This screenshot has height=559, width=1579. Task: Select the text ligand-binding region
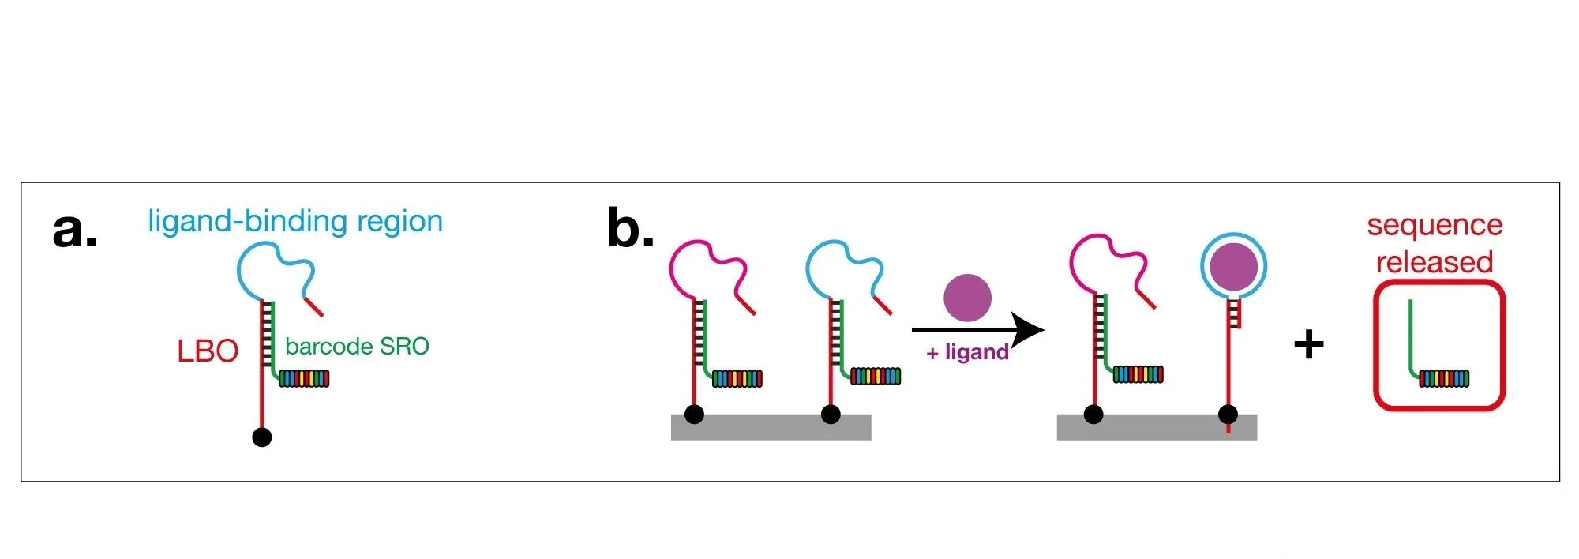[295, 221]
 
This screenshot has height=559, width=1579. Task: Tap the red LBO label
[208, 351]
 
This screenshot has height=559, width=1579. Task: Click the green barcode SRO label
[357, 346]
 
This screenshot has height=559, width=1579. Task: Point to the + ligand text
[967, 352]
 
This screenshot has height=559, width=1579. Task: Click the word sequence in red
[1435, 225]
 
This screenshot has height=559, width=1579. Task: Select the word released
[1435, 261]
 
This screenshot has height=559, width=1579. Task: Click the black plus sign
[1308, 344]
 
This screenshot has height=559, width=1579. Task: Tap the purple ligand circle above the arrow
[967, 298]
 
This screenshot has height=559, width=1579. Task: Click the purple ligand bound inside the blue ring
[1233, 265]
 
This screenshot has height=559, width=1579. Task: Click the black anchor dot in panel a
[262, 437]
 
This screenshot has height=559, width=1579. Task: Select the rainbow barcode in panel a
[304, 379]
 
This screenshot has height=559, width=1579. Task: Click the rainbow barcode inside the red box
[1444, 379]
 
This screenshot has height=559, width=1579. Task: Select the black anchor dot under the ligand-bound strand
[1228, 414]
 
